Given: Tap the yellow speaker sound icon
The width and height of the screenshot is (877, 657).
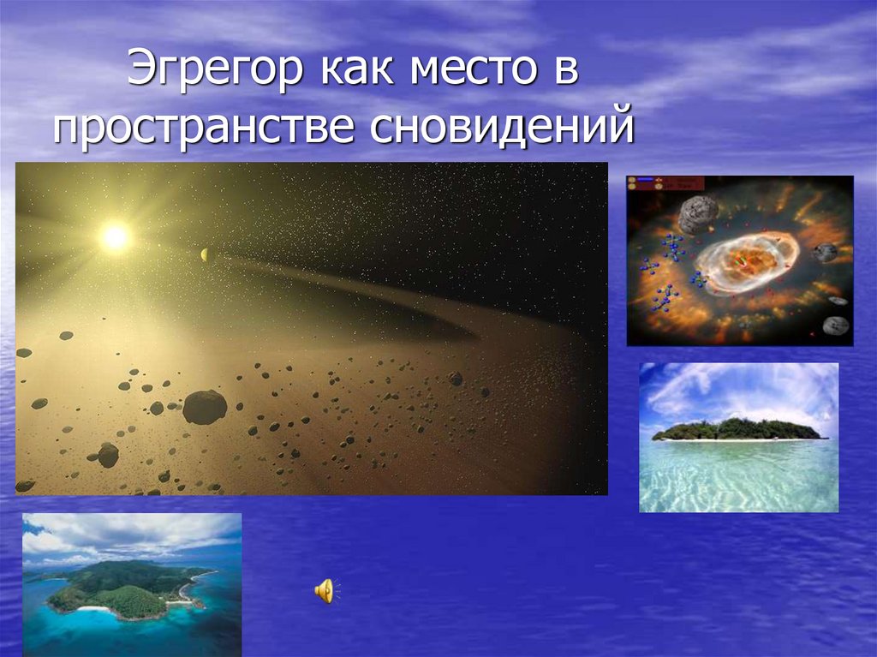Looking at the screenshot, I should pyautogui.click(x=325, y=590).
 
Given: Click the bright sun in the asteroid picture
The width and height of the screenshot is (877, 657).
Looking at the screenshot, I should pyautogui.click(x=116, y=236).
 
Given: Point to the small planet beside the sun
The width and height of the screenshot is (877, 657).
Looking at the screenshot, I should pyautogui.click(x=204, y=254).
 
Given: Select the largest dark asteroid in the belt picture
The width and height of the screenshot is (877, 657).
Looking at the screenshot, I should pyautogui.click(x=205, y=407).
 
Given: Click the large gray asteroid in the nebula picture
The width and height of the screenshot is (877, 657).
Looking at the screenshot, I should pyautogui.click(x=698, y=214).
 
